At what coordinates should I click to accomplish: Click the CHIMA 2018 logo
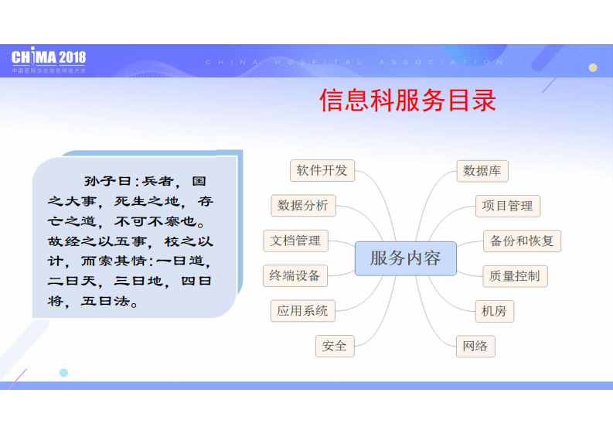tap(49, 59)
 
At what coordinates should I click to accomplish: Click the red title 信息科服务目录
tap(407, 101)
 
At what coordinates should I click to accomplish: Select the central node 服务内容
tap(405, 258)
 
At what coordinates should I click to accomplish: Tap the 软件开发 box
tap(322, 170)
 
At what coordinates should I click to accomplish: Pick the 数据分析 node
tap(303, 205)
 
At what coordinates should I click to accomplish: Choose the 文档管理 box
tap(295, 241)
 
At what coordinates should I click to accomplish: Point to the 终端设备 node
tap(295, 275)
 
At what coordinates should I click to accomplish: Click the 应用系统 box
tap(302, 311)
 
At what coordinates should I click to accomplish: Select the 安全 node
tap(335, 346)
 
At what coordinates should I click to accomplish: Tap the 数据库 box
tap(483, 171)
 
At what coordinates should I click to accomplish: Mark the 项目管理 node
tap(507, 206)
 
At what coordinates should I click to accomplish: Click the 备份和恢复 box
tap(522, 241)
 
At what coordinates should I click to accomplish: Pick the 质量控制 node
tap(514, 275)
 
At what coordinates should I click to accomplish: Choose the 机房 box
tap(493, 311)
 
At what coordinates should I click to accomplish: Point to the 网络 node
tap(475, 346)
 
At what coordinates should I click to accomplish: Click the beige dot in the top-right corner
tap(593, 67)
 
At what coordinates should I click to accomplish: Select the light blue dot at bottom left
tap(63, 372)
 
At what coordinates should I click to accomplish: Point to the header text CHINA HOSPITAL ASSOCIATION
tap(355, 62)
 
